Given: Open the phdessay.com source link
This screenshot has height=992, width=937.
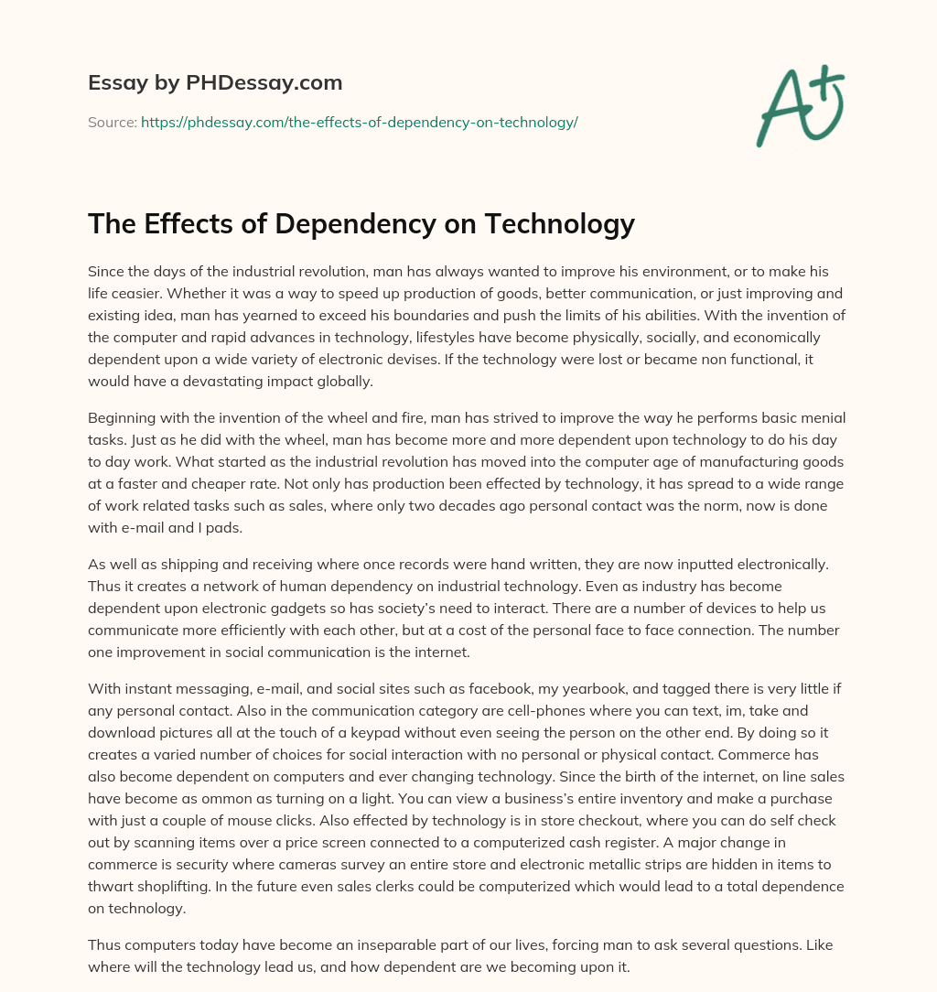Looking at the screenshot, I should tap(359, 122).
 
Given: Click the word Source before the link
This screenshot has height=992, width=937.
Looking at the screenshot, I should tap(111, 122).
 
